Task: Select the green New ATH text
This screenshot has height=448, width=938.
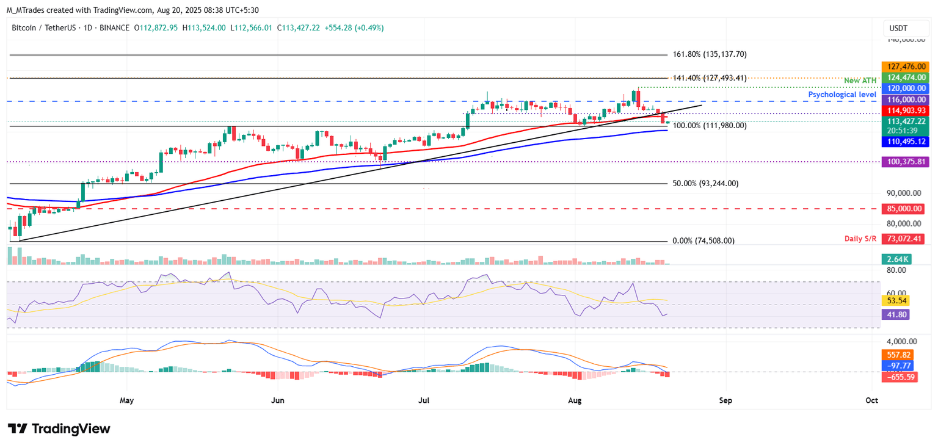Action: [x=860, y=81]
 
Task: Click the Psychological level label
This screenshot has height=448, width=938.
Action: [x=843, y=95]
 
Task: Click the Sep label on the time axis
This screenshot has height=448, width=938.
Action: [x=725, y=400]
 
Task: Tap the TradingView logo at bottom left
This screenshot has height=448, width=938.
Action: [x=59, y=428]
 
